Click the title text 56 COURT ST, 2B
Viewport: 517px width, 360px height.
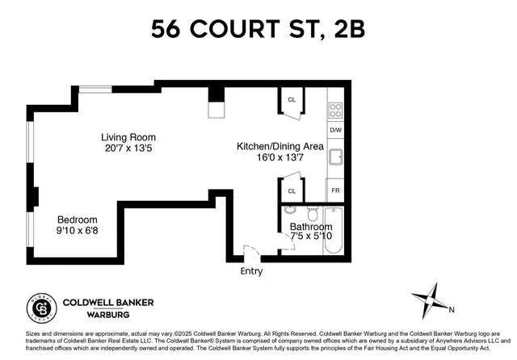[258, 31]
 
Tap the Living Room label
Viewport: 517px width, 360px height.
[128, 137]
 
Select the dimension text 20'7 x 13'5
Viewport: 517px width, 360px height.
[128, 149]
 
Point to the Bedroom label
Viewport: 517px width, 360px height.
[77, 220]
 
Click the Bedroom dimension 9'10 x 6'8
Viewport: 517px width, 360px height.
[77, 231]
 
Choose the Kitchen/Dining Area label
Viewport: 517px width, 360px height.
[280, 146]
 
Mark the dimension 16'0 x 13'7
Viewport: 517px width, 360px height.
[280, 158]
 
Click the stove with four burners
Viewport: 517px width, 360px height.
[336, 111]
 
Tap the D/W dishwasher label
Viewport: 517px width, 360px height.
[336, 130]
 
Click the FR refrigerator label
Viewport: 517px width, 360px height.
[336, 190]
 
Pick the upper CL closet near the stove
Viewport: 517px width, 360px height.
[292, 100]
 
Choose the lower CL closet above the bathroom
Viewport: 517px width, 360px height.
[292, 191]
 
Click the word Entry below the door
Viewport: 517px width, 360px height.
[251, 271]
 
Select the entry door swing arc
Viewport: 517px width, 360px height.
[252, 252]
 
